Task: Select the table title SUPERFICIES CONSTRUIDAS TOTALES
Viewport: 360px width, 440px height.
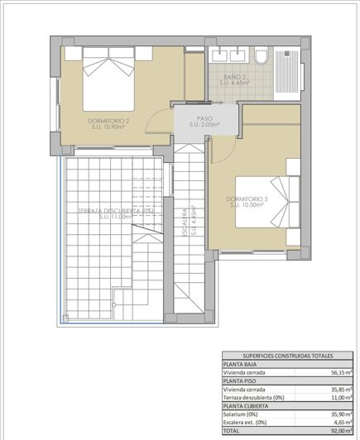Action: (287, 356)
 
